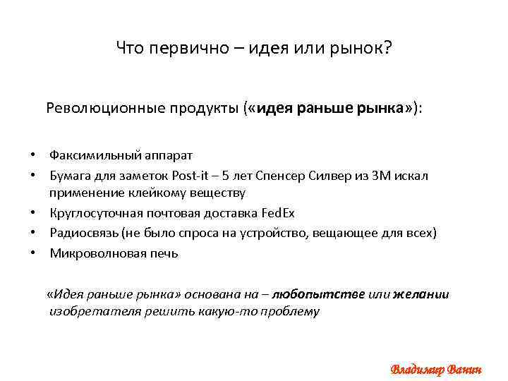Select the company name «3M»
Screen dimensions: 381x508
click(x=377, y=175)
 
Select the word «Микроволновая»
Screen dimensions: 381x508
click(x=92, y=253)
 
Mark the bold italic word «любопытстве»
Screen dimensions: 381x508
click(x=317, y=294)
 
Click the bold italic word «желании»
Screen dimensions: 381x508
click(x=421, y=294)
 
